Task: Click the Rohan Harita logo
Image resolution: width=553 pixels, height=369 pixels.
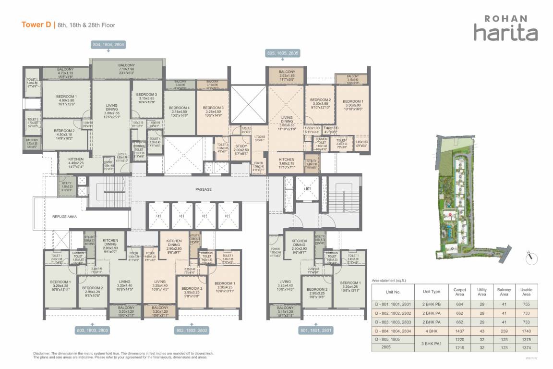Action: tap(505, 28)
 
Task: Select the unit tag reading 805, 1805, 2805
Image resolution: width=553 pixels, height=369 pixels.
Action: tap(283, 54)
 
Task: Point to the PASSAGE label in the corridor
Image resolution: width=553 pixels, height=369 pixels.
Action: tap(203, 189)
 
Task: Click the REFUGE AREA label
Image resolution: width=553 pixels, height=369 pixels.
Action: tap(64, 217)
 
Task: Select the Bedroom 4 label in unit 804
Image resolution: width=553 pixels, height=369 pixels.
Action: tap(180, 107)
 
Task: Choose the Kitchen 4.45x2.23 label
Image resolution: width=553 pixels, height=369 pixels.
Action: tap(76, 162)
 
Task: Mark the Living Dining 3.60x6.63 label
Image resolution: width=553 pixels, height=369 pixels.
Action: tap(287, 123)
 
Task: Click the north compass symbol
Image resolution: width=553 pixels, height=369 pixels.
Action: tap(530, 258)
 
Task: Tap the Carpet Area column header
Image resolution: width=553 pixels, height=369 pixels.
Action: tap(459, 292)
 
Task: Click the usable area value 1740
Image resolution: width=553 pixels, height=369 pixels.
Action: tap(526, 332)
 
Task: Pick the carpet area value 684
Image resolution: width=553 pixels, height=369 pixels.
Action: tap(459, 304)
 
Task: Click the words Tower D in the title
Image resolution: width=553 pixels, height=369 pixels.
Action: tap(36, 25)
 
